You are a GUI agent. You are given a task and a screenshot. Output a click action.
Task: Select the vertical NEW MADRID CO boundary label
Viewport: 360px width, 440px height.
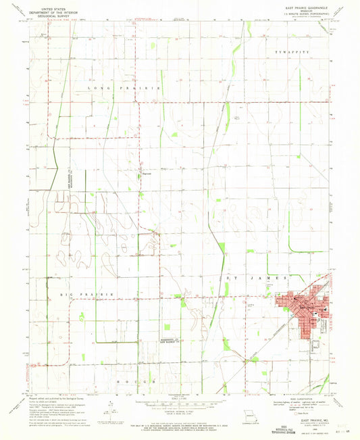pos(71,182)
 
